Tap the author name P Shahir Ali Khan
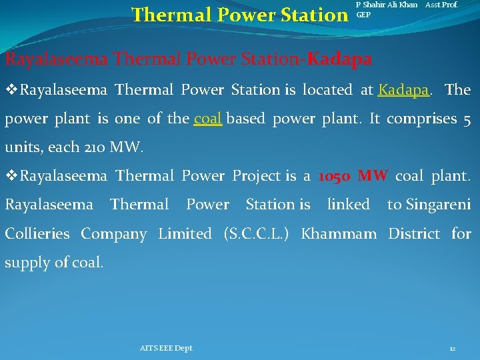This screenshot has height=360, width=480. pos(387,5)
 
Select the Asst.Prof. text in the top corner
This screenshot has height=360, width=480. pos(442,5)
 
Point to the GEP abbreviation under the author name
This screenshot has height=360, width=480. pos(363,14)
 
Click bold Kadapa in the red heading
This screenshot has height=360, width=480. pos(340,59)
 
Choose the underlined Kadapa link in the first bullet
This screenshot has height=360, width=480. pos(403,89)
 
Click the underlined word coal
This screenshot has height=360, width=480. pos(207,119)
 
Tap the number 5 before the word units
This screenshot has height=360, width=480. pos(466,119)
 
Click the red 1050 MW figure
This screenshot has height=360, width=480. pos(353,176)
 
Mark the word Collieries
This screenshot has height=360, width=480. pos(37,234)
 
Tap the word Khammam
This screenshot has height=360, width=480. pos(340,234)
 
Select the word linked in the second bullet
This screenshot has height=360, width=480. pos(349,205)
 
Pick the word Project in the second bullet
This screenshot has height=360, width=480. pos(256,176)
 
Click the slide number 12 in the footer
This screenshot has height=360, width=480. pos(453,349)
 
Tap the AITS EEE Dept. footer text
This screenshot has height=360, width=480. pos(167,349)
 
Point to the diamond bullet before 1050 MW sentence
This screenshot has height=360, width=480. pos(11,176)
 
